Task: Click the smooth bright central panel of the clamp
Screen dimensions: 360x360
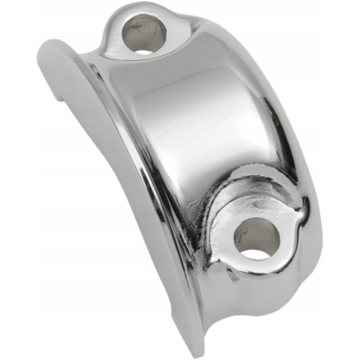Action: tap(198, 121)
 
